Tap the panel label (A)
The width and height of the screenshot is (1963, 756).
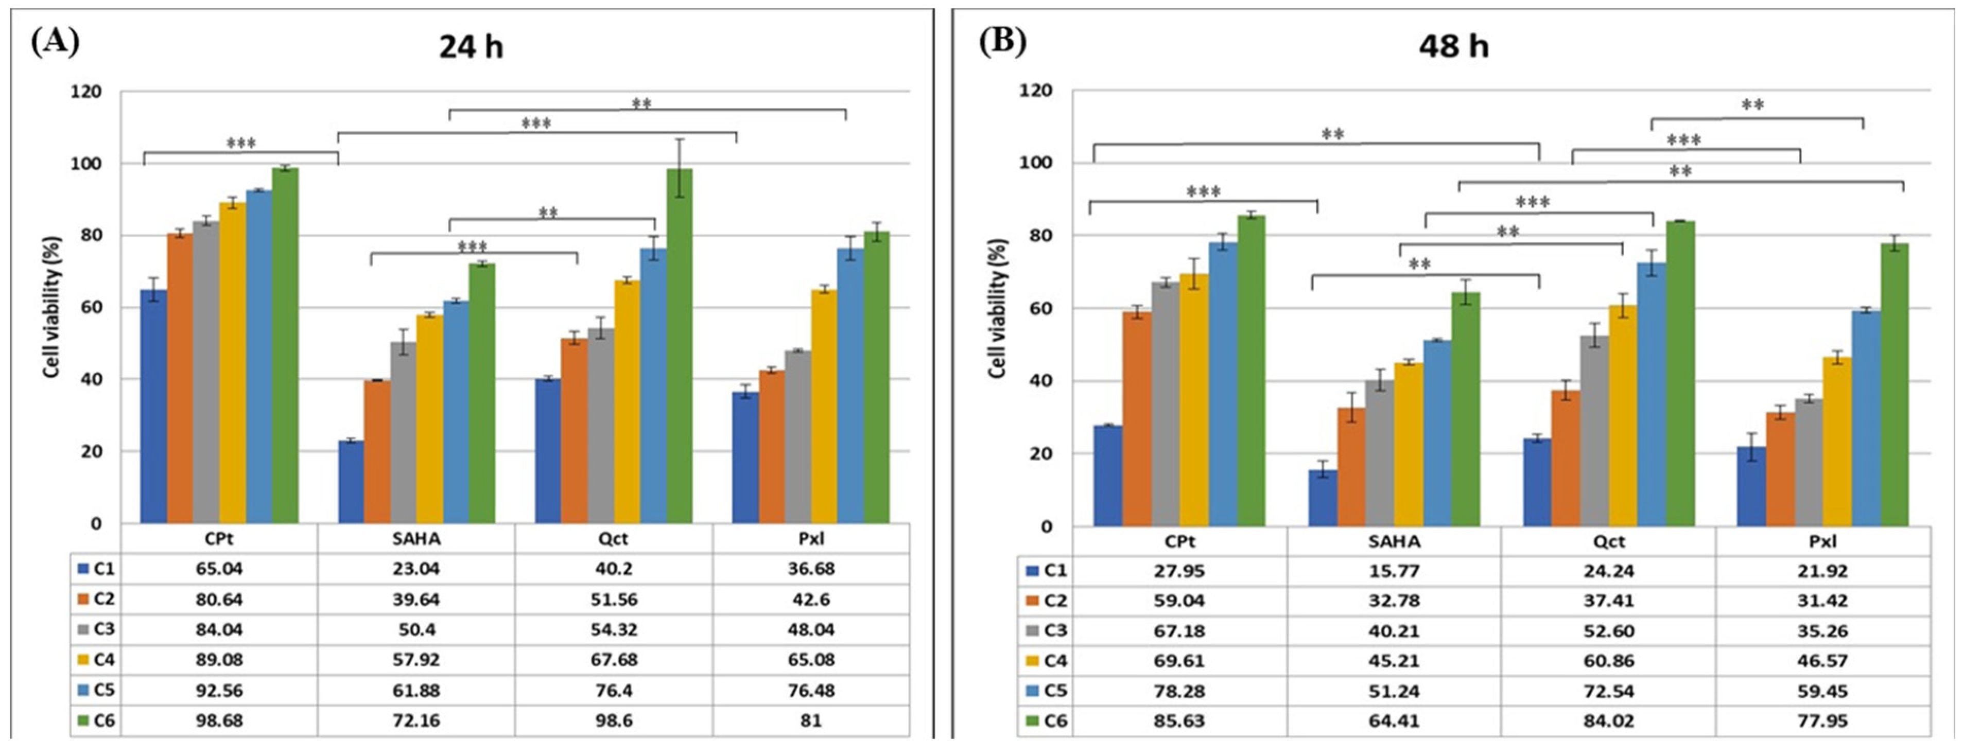(55, 41)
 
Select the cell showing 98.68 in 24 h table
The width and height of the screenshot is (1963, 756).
(219, 720)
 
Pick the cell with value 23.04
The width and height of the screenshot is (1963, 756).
(416, 569)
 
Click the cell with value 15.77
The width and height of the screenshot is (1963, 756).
(1393, 571)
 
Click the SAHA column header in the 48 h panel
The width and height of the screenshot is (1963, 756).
(1393, 541)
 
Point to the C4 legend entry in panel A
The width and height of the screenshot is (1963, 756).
(97, 659)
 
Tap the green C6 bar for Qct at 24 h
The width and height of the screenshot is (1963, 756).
(679, 347)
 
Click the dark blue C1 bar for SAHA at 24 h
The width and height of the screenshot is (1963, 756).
(351, 482)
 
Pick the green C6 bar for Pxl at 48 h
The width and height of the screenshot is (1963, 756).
(1895, 385)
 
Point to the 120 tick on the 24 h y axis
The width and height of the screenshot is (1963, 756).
(86, 92)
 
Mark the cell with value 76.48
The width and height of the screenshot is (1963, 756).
(811, 690)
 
